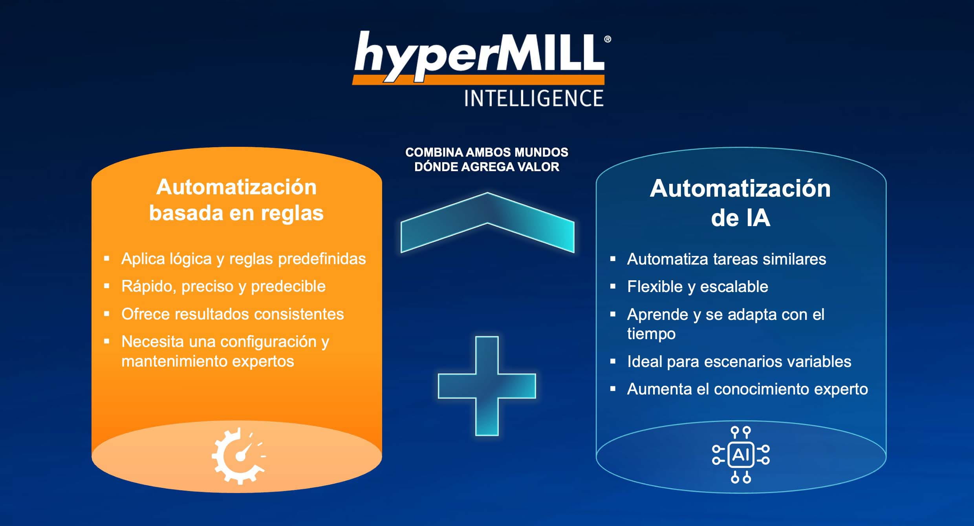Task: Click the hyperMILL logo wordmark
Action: (x=479, y=57)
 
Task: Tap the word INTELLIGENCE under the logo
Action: (x=534, y=98)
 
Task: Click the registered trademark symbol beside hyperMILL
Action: (x=607, y=39)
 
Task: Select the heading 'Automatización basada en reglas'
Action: (x=236, y=200)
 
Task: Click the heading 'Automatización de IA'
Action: (x=740, y=203)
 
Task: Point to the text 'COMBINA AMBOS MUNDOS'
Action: (x=487, y=152)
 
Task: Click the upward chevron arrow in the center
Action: (x=487, y=222)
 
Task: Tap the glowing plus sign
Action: (x=487, y=386)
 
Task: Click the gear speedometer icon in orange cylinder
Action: (x=239, y=456)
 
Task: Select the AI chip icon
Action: (x=741, y=455)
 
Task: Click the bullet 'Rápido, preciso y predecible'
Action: (x=223, y=287)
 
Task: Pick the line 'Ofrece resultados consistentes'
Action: (x=233, y=314)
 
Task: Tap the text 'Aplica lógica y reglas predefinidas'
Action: (x=243, y=259)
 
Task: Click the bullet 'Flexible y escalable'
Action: (x=698, y=287)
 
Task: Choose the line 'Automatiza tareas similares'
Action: (x=727, y=259)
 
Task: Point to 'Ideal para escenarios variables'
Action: (x=739, y=362)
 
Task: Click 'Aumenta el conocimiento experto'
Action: (x=747, y=389)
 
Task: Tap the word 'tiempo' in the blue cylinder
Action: (x=651, y=334)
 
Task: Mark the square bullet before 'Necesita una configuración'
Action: (x=106, y=341)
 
